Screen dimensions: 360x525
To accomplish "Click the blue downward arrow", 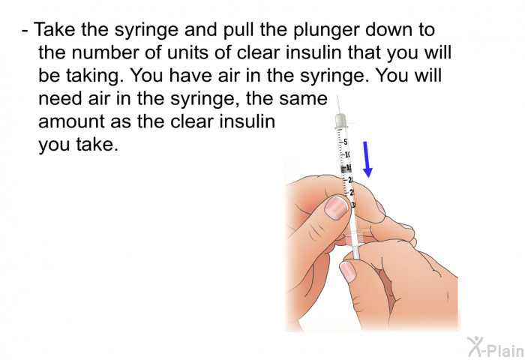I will [x=367, y=159].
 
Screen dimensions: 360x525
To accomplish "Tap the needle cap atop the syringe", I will [x=341, y=120].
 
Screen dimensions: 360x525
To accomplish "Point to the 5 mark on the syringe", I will [x=346, y=141].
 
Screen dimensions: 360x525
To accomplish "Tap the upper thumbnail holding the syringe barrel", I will [x=337, y=208].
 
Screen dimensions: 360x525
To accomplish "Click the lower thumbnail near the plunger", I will [x=348, y=271].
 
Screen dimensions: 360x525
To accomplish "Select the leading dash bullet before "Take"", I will [x=26, y=31].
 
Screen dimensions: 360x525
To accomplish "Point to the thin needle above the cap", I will [x=339, y=103].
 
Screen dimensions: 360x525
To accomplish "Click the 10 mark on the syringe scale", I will [x=348, y=154].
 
